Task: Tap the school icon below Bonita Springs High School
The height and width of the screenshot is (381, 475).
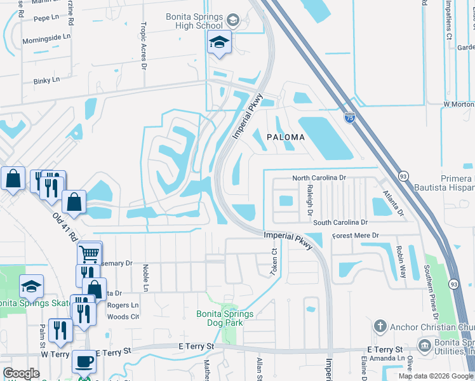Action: pyautogui.click(x=220, y=43)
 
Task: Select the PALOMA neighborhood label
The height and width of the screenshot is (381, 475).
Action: pyautogui.click(x=286, y=137)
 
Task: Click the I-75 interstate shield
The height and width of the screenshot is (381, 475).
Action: pyautogui.click(x=349, y=117)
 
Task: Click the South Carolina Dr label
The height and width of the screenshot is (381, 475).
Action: pyautogui.click(x=340, y=223)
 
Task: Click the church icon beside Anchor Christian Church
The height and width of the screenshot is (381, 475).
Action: pyautogui.click(x=380, y=326)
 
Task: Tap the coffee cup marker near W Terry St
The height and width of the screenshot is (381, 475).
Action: pyautogui.click(x=84, y=362)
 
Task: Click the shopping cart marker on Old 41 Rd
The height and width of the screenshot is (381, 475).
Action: pyautogui.click(x=90, y=253)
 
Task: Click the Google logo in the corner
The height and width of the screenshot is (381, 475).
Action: pyautogui.click(x=21, y=373)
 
